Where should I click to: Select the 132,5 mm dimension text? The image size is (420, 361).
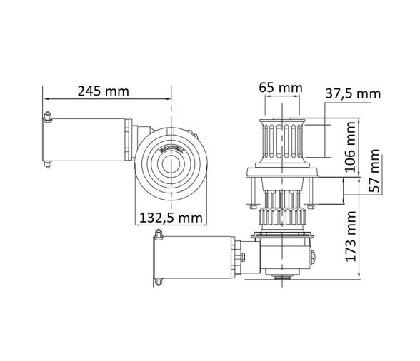click(x=169, y=218)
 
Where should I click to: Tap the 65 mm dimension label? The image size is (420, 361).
click(x=280, y=88)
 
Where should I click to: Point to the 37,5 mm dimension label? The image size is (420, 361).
click(x=353, y=93)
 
